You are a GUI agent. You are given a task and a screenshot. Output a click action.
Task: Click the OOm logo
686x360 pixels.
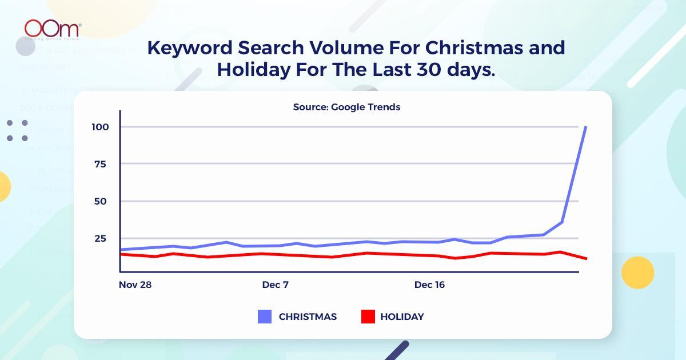52,29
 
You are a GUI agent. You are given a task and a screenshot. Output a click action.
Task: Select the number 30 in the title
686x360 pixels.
425,70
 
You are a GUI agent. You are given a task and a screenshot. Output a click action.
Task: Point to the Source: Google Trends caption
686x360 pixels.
346,107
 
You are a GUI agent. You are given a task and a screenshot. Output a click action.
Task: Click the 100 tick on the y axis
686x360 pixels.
100,127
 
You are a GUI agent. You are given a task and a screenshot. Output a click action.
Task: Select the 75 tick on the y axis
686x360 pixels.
100,164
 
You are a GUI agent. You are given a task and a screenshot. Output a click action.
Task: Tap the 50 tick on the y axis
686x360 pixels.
100,201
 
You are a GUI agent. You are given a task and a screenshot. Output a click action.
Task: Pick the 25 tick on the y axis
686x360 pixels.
100,238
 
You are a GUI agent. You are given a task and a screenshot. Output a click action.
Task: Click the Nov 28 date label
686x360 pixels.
135,285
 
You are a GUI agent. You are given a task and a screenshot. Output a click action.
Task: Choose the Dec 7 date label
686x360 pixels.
275,285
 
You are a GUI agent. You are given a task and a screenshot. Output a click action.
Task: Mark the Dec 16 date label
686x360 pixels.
429,285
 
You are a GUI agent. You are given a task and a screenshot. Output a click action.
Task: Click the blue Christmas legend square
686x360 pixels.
265,317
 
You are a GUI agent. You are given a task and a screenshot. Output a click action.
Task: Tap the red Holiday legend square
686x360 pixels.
368,317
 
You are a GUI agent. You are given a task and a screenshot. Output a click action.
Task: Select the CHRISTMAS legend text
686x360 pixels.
308,317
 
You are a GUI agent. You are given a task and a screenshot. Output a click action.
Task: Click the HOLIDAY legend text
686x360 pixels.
402,317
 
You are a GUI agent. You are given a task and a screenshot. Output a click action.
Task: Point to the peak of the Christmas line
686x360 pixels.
585,127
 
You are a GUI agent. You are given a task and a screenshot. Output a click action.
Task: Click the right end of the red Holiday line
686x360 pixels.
586,259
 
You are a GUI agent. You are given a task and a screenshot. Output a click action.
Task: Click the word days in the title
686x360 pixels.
469,70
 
